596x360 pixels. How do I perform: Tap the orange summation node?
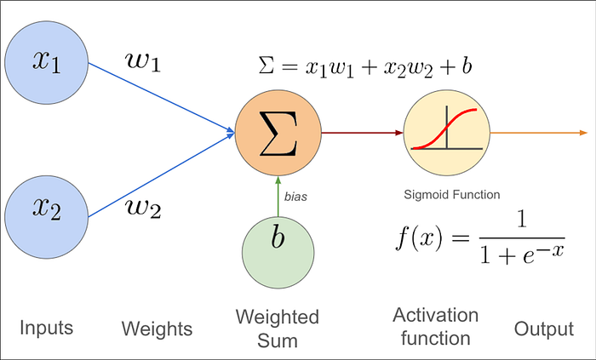click(x=278, y=133)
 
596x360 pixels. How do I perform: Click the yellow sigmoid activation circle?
click(x=447, y=133)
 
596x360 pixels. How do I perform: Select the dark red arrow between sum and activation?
click(x=362, y=133)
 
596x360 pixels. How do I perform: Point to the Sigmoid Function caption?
click(x=451, y=194)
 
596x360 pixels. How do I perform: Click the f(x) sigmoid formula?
click(x=479, y=237)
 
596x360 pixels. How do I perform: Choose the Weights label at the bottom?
click(x=157, y=329)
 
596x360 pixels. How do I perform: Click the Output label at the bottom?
click(x=542, y=328)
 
